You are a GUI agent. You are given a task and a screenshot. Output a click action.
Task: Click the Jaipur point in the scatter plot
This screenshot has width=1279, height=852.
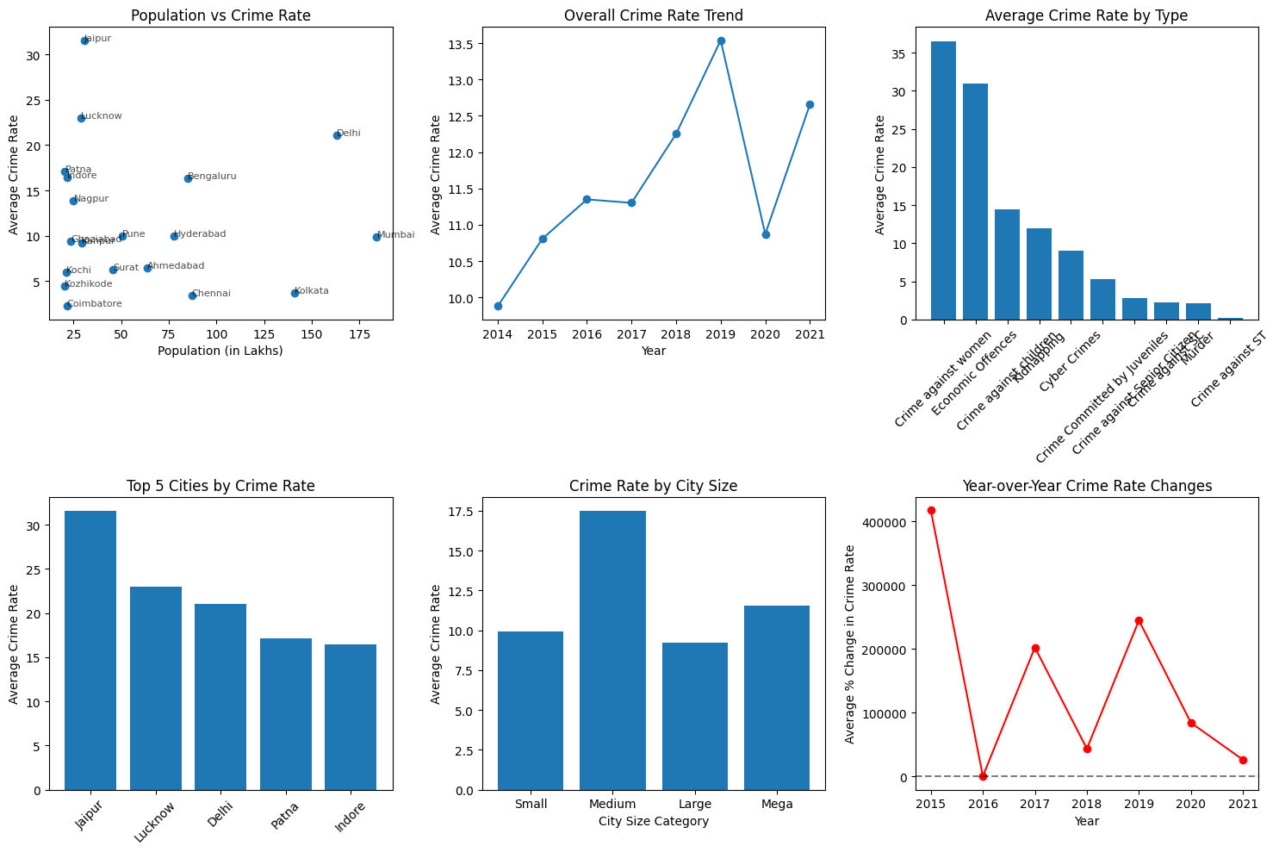tap(84, 40)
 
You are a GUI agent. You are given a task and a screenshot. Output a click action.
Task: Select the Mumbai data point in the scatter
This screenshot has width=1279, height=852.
tap(376, 237)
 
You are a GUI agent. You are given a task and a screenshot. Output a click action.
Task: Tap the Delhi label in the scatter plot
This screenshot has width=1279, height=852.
tap(349, 134)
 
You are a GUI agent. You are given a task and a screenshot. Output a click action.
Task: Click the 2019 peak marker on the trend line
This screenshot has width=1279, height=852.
tap(721, 40)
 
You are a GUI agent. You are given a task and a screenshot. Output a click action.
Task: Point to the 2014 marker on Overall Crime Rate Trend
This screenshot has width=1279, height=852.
tap(498, 306)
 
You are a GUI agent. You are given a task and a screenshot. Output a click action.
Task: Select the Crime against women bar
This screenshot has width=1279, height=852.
tap(943, 181)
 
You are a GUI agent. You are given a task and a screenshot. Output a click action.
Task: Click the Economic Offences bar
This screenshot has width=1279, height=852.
tap(975, 202)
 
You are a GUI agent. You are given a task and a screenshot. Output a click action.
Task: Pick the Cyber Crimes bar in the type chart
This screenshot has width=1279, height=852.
tap(1071, 285)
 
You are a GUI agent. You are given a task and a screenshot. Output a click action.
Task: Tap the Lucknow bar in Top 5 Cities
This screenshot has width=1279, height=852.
tap(156, 688)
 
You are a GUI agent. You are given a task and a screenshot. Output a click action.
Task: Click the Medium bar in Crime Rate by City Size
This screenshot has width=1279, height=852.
tap(612, 650)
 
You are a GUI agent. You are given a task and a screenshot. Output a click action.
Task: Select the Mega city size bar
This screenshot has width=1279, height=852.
tap(777, 698)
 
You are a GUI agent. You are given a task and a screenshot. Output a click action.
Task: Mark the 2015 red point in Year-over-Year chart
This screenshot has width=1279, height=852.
tap(931, 510)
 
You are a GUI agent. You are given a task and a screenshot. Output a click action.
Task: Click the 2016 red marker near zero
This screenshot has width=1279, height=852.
tap(983, 776)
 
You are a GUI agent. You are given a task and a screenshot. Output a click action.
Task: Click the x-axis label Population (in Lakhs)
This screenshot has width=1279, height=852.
tap(220, 351)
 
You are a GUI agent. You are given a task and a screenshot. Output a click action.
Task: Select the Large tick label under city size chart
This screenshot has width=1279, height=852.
tap(695, 804)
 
